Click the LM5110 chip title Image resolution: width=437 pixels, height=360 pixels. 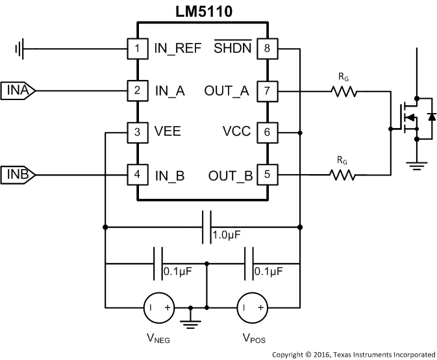[x=202, y=11]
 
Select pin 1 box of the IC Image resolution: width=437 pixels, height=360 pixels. [x=136, y=48]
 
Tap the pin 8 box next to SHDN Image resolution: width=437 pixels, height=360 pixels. [x=267, y=48]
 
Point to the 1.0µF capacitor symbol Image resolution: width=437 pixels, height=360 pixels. [x=206, y=227]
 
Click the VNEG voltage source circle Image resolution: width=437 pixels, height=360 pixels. [x=158, y=306]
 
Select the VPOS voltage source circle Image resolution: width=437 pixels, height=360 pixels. [x=251, y=306]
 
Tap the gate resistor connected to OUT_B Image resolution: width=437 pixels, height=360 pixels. [x=344, y=174]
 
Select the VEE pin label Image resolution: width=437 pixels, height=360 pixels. [x=168, y=132]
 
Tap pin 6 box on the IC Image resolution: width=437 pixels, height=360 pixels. [x=267, y=132]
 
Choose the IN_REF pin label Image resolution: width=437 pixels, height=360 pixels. [x=178, y=48]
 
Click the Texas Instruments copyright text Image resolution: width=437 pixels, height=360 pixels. [x=353, y=354]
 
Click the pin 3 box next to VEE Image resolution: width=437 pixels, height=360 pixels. [x=136, y=132]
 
